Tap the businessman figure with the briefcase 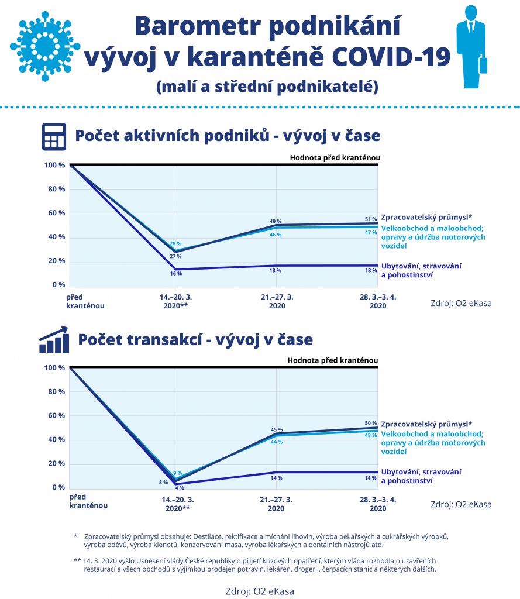click(471, 47)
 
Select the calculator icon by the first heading click(53, 136)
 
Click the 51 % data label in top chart click(371, 219)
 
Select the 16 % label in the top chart click(175, 273)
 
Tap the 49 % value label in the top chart click(276, 221)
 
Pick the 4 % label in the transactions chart click(179, 487)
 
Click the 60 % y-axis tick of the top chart click(54, 213)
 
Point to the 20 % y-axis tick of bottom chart click(56, 463)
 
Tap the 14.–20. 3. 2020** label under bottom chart click(178, 504)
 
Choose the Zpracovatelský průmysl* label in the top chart click(426, 217)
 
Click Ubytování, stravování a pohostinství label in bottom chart click(421, 476)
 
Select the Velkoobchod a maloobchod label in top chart click(433, 237)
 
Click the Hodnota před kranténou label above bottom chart click(332, 360)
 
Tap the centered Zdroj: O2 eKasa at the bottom click(260, 591)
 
